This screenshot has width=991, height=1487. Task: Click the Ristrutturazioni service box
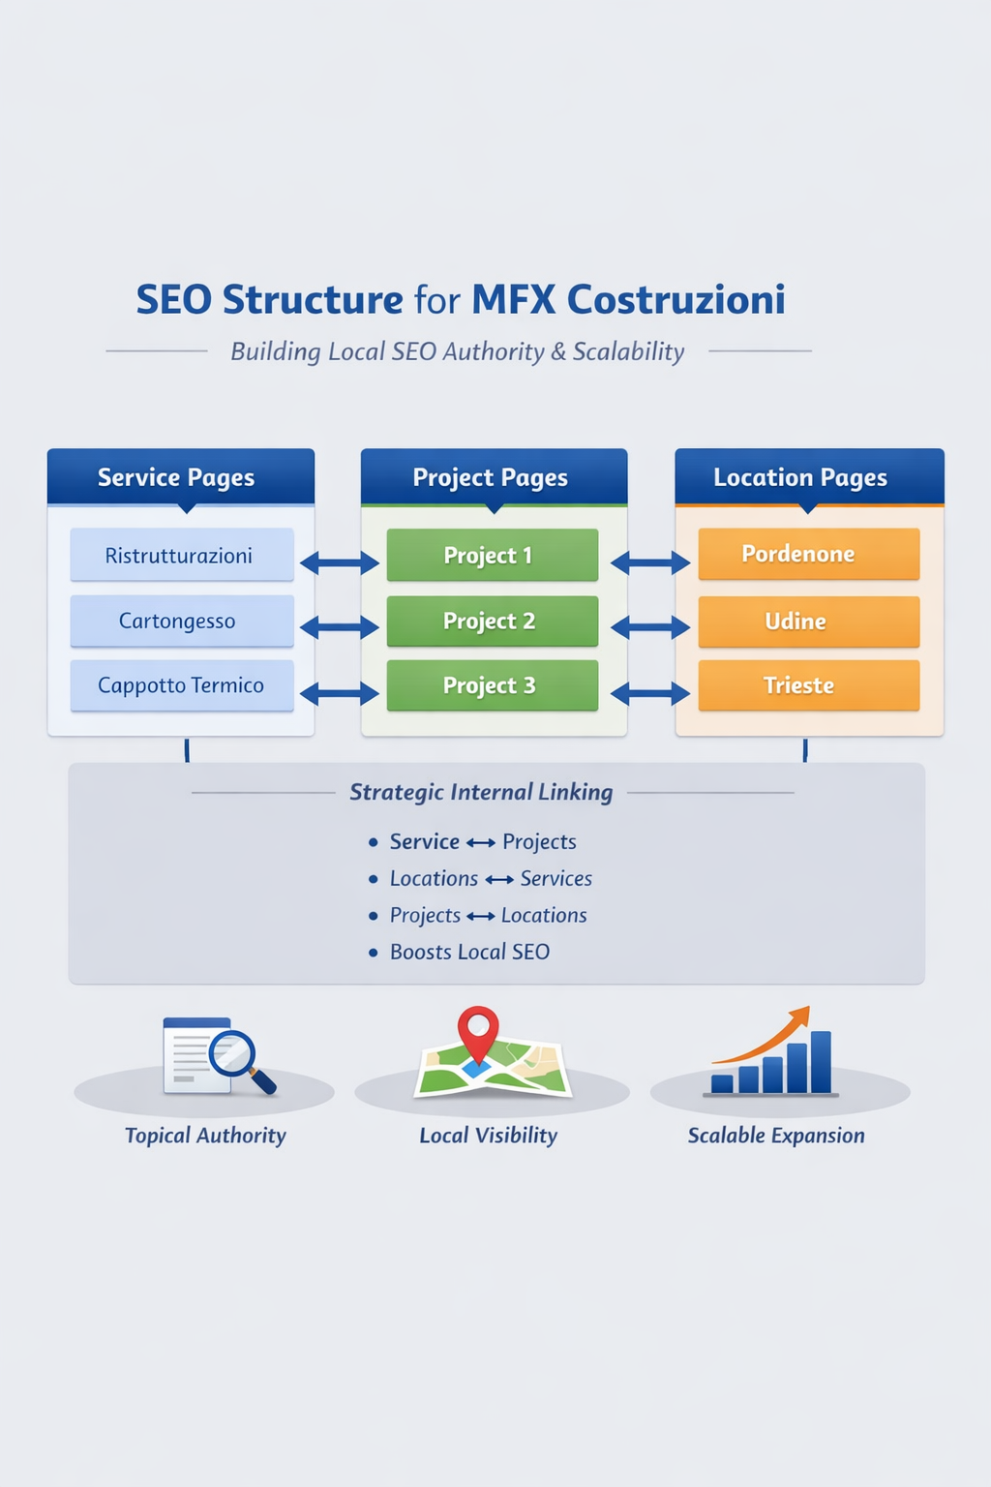point(181,555)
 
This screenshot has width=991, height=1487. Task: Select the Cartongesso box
point(181,621)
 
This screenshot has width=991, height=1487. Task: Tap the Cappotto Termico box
point(181,685)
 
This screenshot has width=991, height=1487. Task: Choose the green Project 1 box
point(492,555)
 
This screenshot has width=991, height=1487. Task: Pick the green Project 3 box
point(492,685)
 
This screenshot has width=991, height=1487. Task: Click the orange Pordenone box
point(808,554)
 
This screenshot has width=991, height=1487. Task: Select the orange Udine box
point(808,621)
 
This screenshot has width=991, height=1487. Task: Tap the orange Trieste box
point(808,685)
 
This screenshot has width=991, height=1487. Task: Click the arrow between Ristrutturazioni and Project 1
point(340,562)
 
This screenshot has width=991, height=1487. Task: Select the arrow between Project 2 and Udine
point(650,628)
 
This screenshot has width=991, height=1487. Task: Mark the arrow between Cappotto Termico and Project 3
point(340,693)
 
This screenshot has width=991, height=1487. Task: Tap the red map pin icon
point(478,1030)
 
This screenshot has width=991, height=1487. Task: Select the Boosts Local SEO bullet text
point(469,952)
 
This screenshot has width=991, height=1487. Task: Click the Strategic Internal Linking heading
point(481,792)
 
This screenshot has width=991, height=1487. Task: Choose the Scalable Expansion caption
point(776,1136)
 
